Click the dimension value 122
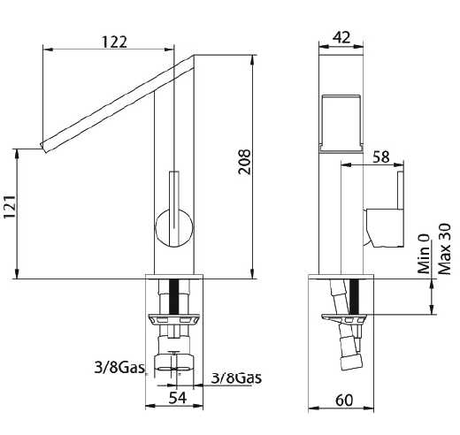(x=114, y=42)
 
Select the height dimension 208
(x=245, y=162)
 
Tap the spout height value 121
(x=10, y=206)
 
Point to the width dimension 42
(x=341, y=37)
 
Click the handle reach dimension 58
(x=381, y=156)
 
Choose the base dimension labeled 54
(x=178, y=398)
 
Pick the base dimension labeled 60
(x=344, y=401)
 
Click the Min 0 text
(x=424, y=254)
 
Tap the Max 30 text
(x=444, y=249)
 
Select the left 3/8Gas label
(x=119, y=367)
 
